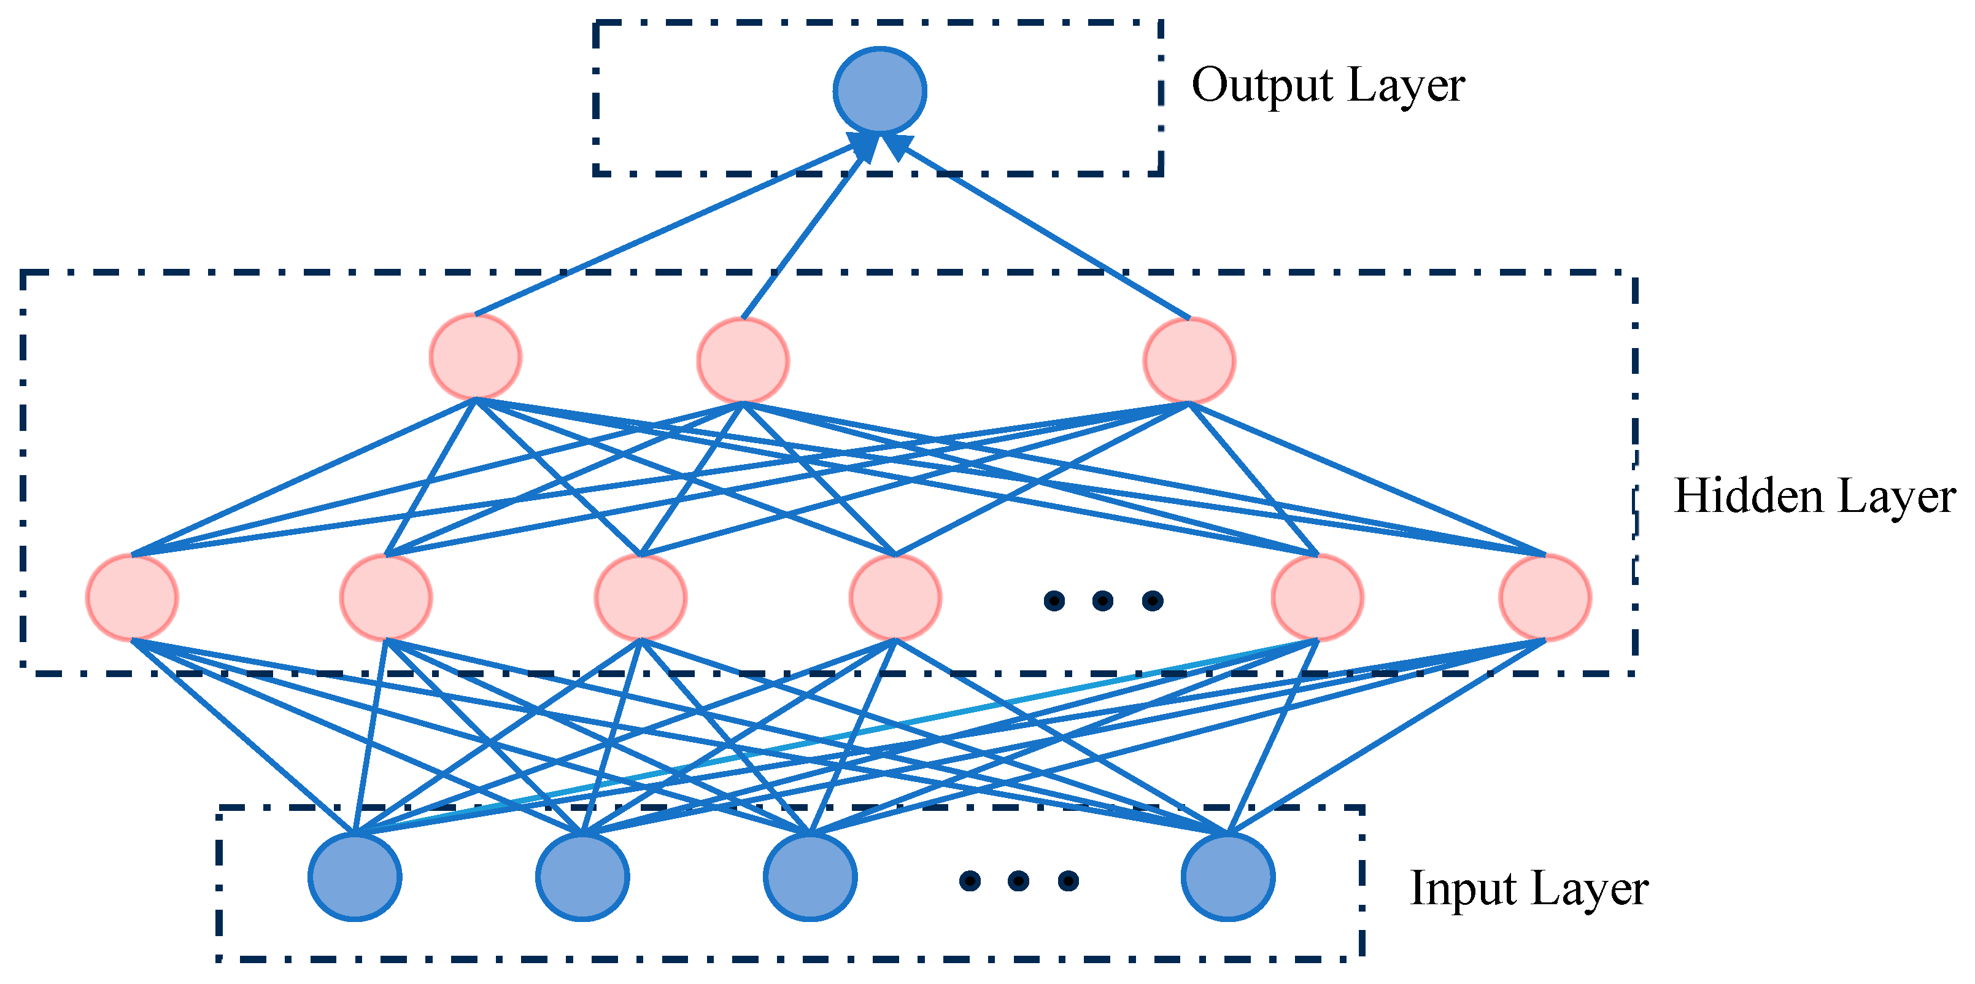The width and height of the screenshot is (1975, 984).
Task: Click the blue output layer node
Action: click(x=879, y=90)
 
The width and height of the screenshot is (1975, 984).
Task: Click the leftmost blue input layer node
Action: click(x=355, y=877)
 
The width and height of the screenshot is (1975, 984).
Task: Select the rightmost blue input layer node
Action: click(x=1227, y=877)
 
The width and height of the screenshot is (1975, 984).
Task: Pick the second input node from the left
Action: click(x=582, y=877)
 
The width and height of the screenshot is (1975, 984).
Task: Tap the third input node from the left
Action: click(x=810, y=877)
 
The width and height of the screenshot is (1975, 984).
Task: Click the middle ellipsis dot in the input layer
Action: click(x=1018, y=880)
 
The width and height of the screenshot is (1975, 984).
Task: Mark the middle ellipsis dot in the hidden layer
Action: click(x=1102, y=600)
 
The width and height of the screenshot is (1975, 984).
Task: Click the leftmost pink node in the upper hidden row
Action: click(x=476, y=357)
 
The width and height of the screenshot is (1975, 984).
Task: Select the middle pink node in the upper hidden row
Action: click(x=742, y=360)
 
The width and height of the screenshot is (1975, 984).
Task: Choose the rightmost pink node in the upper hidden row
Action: click(x=1188, y=360)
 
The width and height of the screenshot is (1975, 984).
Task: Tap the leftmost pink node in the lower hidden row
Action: click(x=132, y=597)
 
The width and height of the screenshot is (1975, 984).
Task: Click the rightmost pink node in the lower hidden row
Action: click(x=1545, y=597)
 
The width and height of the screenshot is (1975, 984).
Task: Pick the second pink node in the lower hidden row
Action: click(x=385, y=597)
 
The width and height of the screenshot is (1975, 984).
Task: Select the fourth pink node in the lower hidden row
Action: click(x=895, y=597)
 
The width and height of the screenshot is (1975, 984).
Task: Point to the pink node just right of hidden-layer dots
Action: click(x=1317, y=597)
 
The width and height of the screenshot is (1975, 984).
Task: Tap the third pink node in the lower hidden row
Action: click(x=640, y=597)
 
